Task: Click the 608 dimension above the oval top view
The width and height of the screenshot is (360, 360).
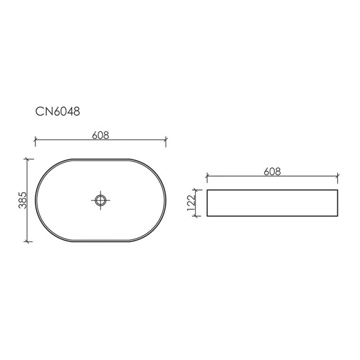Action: [100, 135]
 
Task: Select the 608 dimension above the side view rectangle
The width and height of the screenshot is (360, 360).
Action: [272, 171]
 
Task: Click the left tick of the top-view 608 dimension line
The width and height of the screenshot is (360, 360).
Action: [35, 140]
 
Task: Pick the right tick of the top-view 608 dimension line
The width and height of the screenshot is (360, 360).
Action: [166, 140]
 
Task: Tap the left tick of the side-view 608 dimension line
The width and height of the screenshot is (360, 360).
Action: [207, 176]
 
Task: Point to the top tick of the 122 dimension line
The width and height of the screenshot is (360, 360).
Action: [201, 189]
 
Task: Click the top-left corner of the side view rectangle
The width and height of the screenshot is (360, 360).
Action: [207, 189]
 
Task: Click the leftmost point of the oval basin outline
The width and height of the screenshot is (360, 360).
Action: [35, 200]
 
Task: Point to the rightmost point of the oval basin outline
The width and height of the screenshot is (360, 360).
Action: [166, 200]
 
